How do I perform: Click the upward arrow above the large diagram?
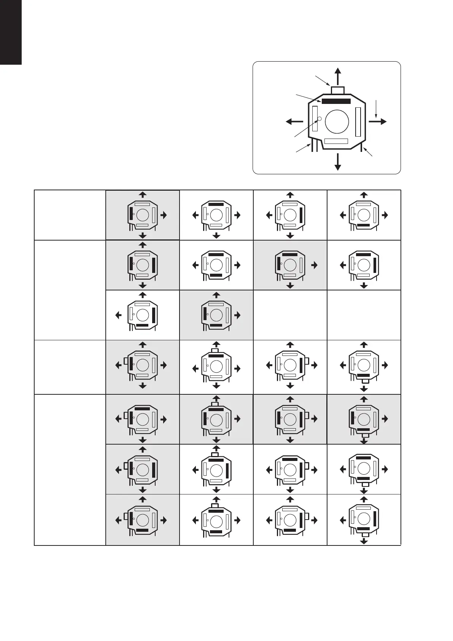tap(337, 75)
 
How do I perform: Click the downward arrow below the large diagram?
tap(337, 163)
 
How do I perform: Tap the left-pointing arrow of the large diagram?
tap(294, 121)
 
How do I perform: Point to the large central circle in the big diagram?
tap(337, 122)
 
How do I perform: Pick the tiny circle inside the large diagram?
tap(319, 119)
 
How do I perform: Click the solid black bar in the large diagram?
tap(336, 101)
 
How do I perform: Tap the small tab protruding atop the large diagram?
tap(338, 90)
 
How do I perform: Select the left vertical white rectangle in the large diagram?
tap(315, 119)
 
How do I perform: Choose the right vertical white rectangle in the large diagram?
tap(358, 122)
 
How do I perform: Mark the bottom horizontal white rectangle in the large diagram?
tap(336, 141)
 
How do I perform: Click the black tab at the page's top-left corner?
tap(11, 32)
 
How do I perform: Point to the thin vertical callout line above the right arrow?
tap(376, 108)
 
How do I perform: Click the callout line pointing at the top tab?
tap(323, 81)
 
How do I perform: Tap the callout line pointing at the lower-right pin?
tap(368, 152)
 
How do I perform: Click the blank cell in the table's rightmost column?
tap(364, 315)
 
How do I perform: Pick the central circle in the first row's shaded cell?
tap(143, 215)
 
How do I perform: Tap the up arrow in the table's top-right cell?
tap(364, 195)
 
